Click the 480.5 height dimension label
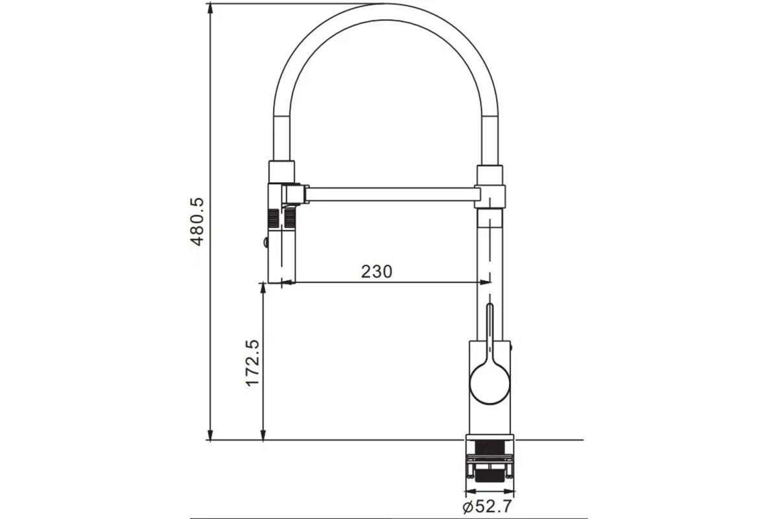point(198,222)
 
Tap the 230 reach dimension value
point(377,271)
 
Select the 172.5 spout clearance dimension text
point(252,363)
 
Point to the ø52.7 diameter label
point(488,507)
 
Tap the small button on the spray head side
point(266,242)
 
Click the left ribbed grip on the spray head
point(274,218)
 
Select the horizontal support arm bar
point(392,195)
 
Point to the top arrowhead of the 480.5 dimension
point(210,8)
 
